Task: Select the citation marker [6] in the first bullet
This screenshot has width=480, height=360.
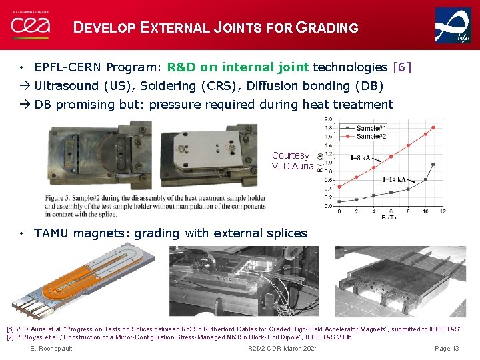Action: (403, 67)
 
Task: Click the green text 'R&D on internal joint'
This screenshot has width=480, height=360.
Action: (238, 67)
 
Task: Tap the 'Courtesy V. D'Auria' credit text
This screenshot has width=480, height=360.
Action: (292, 161)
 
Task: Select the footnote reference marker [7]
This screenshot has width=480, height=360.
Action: (10, 337)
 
